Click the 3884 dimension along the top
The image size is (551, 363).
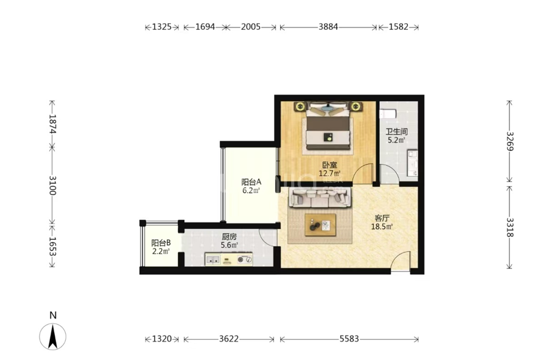[328, 27]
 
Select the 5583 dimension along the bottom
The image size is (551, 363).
[349, 339]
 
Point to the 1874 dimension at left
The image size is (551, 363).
[52, 124]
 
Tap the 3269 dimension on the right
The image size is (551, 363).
[510, 141]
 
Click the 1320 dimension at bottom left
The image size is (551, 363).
[161, 339]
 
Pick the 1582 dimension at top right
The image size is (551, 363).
[399, 27]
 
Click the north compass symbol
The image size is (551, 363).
[53, 336]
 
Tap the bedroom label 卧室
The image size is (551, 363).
[329, 165]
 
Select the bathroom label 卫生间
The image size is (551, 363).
[396, 132]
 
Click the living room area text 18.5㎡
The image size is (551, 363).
[382, 227]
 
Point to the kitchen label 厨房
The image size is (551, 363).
[229, 237]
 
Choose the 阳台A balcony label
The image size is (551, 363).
[251, 182]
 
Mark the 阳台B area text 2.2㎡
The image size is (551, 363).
[161, 252]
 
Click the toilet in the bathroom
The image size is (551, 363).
[388, 113]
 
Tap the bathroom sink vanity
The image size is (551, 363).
[412, 163]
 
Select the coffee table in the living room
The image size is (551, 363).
[320, 225]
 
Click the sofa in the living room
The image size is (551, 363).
[320, 197]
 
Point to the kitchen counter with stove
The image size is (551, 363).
[229, 259]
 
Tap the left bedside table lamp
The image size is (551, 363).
[300, 106]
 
